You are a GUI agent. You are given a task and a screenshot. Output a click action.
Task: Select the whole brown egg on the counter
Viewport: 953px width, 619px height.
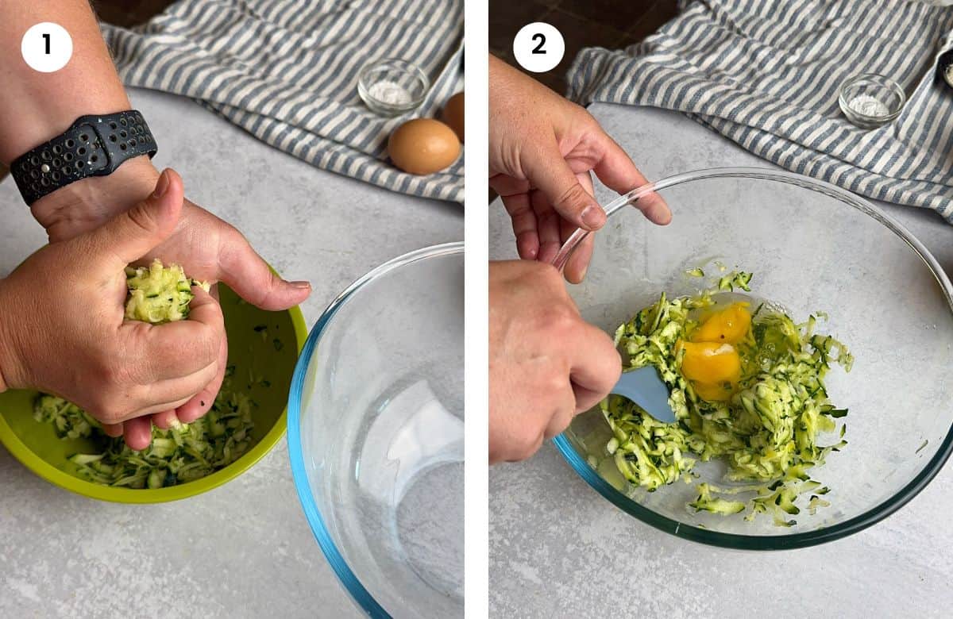coord(423,146)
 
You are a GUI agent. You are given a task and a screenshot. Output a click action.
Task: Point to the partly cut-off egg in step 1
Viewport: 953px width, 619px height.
coord(456,114)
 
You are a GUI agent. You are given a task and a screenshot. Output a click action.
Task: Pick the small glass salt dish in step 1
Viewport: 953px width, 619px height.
coord(392,87)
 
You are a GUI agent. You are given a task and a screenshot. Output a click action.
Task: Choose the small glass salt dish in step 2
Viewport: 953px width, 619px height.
coord(871,100)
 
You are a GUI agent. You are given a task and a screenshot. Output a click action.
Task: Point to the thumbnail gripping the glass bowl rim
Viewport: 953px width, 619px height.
coord(592,216)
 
